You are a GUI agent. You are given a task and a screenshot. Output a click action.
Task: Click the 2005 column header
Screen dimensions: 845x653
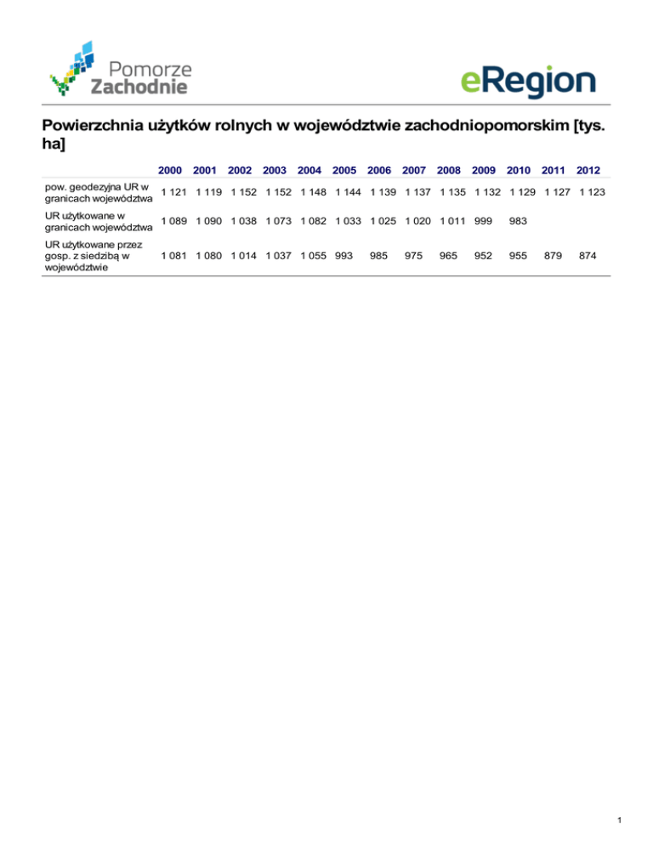pos(344,170)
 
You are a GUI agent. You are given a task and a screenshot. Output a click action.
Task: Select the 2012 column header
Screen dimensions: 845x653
pos(589,170)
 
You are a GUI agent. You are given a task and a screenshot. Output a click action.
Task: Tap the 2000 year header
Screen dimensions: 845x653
pos(170,170)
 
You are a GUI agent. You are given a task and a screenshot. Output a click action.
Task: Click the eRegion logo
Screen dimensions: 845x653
pos(528,82)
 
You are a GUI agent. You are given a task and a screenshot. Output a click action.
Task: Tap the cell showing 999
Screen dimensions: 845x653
pos(483,221)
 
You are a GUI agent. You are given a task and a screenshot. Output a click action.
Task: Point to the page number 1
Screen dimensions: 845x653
pos(622,820)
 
